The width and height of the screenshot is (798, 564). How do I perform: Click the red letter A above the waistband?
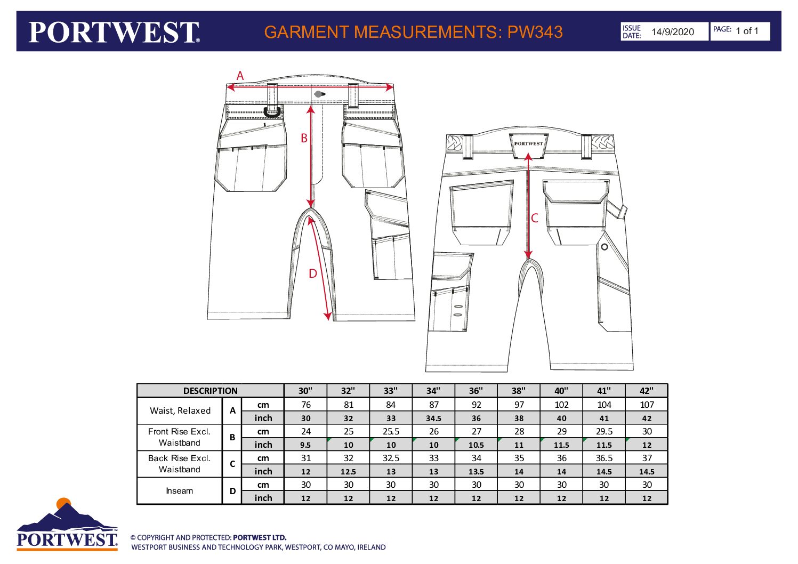pyautogui.click(x=240, y=76)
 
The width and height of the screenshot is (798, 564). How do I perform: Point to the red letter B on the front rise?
pyautogui.click(x=304, y=138)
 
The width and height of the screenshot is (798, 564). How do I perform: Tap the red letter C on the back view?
pyautogui.click(x=534, y=218)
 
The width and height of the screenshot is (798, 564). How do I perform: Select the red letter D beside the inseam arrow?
pyautogui.click(x=313, y=273)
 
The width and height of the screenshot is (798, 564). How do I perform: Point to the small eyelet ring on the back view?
pyautogui.click(x=604, y=247)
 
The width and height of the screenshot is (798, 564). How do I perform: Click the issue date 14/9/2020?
pyautogui.click(x=673, y=32)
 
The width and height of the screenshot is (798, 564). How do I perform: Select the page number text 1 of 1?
pyautogui.click(x=747, y=31)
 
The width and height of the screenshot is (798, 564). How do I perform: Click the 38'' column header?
pyautogui.click(x=519, y=391)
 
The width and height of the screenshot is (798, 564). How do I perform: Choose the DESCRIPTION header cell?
pyautogui.click(x=210, y=391)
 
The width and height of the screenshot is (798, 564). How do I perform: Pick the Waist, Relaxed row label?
pyautogui.click(x=180, y=410)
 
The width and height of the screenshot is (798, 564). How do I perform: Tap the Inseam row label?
pyautogui.click(x=180, y=490)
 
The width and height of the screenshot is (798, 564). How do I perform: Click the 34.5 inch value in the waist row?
pyautogui.click(x=433, y=418)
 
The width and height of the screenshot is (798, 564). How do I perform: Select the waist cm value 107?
pyautogui.click(x=647, y=405)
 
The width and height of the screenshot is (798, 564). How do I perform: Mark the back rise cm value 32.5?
pyautogui.click(x=391, y=458)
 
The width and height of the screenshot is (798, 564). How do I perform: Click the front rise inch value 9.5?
pyautogui.click(x=305, y=445)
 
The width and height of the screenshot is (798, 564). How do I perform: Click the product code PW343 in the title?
pyautogui.click(x=535, y=32)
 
